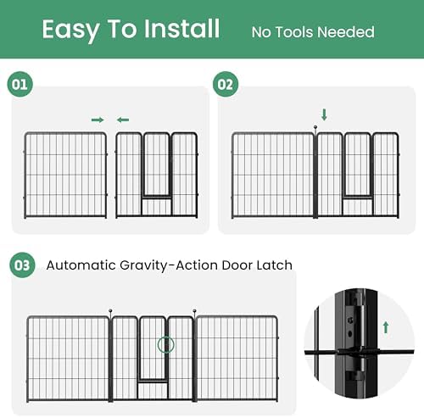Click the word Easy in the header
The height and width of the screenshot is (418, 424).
(70, 31)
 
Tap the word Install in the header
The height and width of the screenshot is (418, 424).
(181, 29)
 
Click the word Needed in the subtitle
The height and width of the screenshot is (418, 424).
(345, 32)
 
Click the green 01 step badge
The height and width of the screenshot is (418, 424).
(20, 84)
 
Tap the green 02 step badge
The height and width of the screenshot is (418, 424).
(226, 84)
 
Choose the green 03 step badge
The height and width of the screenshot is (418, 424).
(22, 265)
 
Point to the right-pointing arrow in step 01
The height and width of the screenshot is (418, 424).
(98, 120)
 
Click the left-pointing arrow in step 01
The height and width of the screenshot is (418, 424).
(123, 120)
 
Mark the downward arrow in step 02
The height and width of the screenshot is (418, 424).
(324, 114)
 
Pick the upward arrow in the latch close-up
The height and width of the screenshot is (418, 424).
(386, 327)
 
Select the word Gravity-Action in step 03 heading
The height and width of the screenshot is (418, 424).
(169, 265)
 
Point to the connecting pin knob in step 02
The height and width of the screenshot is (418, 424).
(315, 127)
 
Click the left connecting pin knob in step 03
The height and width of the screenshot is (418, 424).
(110, 311)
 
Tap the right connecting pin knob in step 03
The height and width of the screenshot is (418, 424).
(194, 311)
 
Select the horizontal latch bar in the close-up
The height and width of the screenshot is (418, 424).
(360, 352)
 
